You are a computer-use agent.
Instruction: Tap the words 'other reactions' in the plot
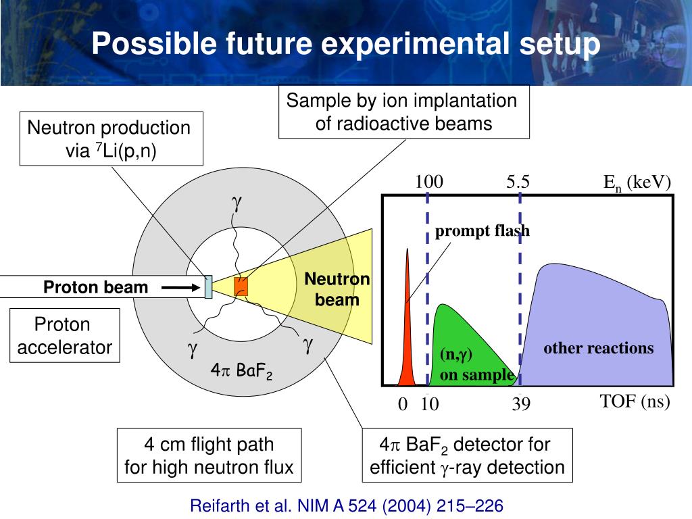pyautogui.click(x=599, y=349)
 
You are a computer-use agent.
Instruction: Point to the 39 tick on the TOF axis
pyautogui.click(x=520, y=404)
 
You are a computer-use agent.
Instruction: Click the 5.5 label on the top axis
pyautogui.click(x=518, y=182)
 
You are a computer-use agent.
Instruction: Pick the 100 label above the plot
pyautogui.click(x=428, y=182)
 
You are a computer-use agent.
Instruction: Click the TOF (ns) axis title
pyautogui.click(x=635, y=401)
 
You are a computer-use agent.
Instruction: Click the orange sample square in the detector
pyautogui.click(x=241, y=287)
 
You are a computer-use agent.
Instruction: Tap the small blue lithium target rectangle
pyautogui.click(x=209, y=287)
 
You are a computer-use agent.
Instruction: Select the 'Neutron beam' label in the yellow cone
pyautogui.click(x=337, y=289)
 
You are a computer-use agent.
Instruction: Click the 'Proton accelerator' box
pyautogui.click(x=64, y=336)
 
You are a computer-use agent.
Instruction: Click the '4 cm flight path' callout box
pyautogui.click(x=209, y=455)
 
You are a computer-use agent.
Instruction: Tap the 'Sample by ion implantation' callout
pyautogui.click(x=403, y=113)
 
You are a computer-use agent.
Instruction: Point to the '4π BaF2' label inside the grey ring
pyautogui.click(x=241, y=371)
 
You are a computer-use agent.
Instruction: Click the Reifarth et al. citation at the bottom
pyautogui.click(x=347, y=505)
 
